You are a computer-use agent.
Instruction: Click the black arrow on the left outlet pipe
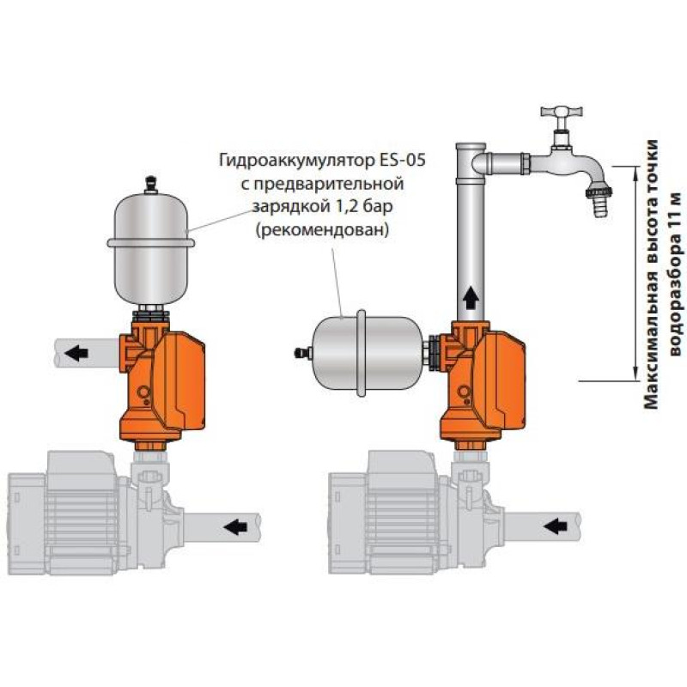(78, 351)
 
